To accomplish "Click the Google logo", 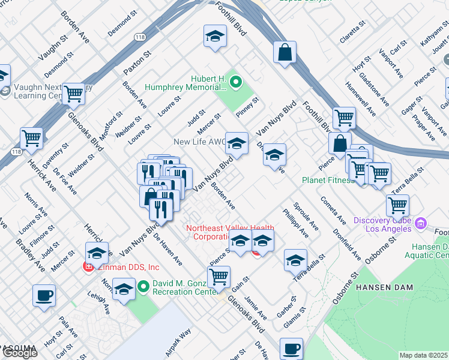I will pyautogui.click(x=20, y=353).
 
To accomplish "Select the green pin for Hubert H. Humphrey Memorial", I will pyautogui.click(x=236, y=82).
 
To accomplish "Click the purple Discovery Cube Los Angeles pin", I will pyautogui.click(x=420, y=224).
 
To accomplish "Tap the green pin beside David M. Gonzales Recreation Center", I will pyautogui.click(x=143, y=287).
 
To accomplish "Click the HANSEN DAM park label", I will pyautogui.click(x=384, y=287).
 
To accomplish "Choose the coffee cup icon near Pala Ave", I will pyautogui.click(x=44, y=296).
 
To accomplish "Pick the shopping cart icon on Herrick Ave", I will pyautogui.click(x=31, y=138).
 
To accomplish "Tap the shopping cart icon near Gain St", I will pyautogui.click(x=219, y=277).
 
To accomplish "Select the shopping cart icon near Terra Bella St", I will pyautogui.click(x=397, y=205).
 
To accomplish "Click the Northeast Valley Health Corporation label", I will pyautogui.click(x=221, y=232).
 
